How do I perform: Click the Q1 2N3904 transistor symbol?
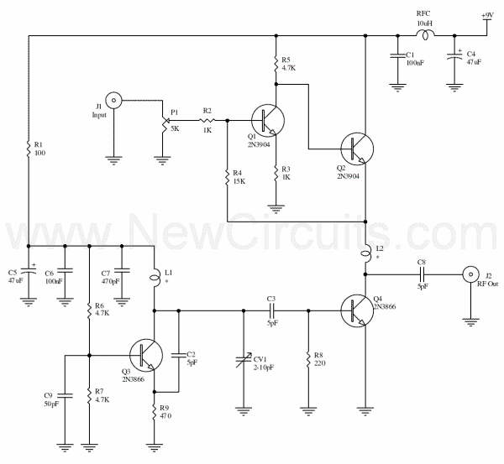268,121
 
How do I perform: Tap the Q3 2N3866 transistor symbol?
146,355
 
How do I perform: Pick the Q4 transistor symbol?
357,310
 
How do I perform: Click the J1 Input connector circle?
113,100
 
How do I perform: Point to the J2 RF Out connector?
470,274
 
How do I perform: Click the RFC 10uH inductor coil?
425,34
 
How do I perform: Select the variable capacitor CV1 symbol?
244,359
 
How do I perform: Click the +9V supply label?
487,15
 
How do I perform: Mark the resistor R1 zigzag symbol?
29,149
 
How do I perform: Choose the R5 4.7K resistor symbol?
276,64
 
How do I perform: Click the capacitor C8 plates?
422,274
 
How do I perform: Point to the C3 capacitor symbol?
271,310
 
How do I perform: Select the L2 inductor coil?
366,254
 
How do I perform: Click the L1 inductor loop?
155,277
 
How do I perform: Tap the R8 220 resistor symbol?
308,359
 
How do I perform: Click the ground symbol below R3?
276,209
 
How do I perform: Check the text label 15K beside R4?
239,181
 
